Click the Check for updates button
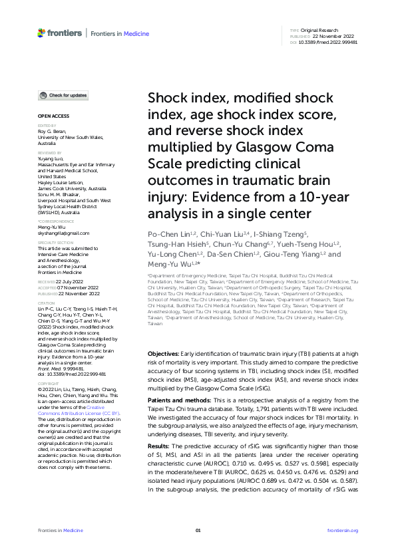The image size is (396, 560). pyautogui.click(x=62, y=96)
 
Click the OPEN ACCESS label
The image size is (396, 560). pyautogui.click(x=49, y=116)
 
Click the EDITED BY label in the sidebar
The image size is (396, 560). pyautogui.click(x=46, y=126)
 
